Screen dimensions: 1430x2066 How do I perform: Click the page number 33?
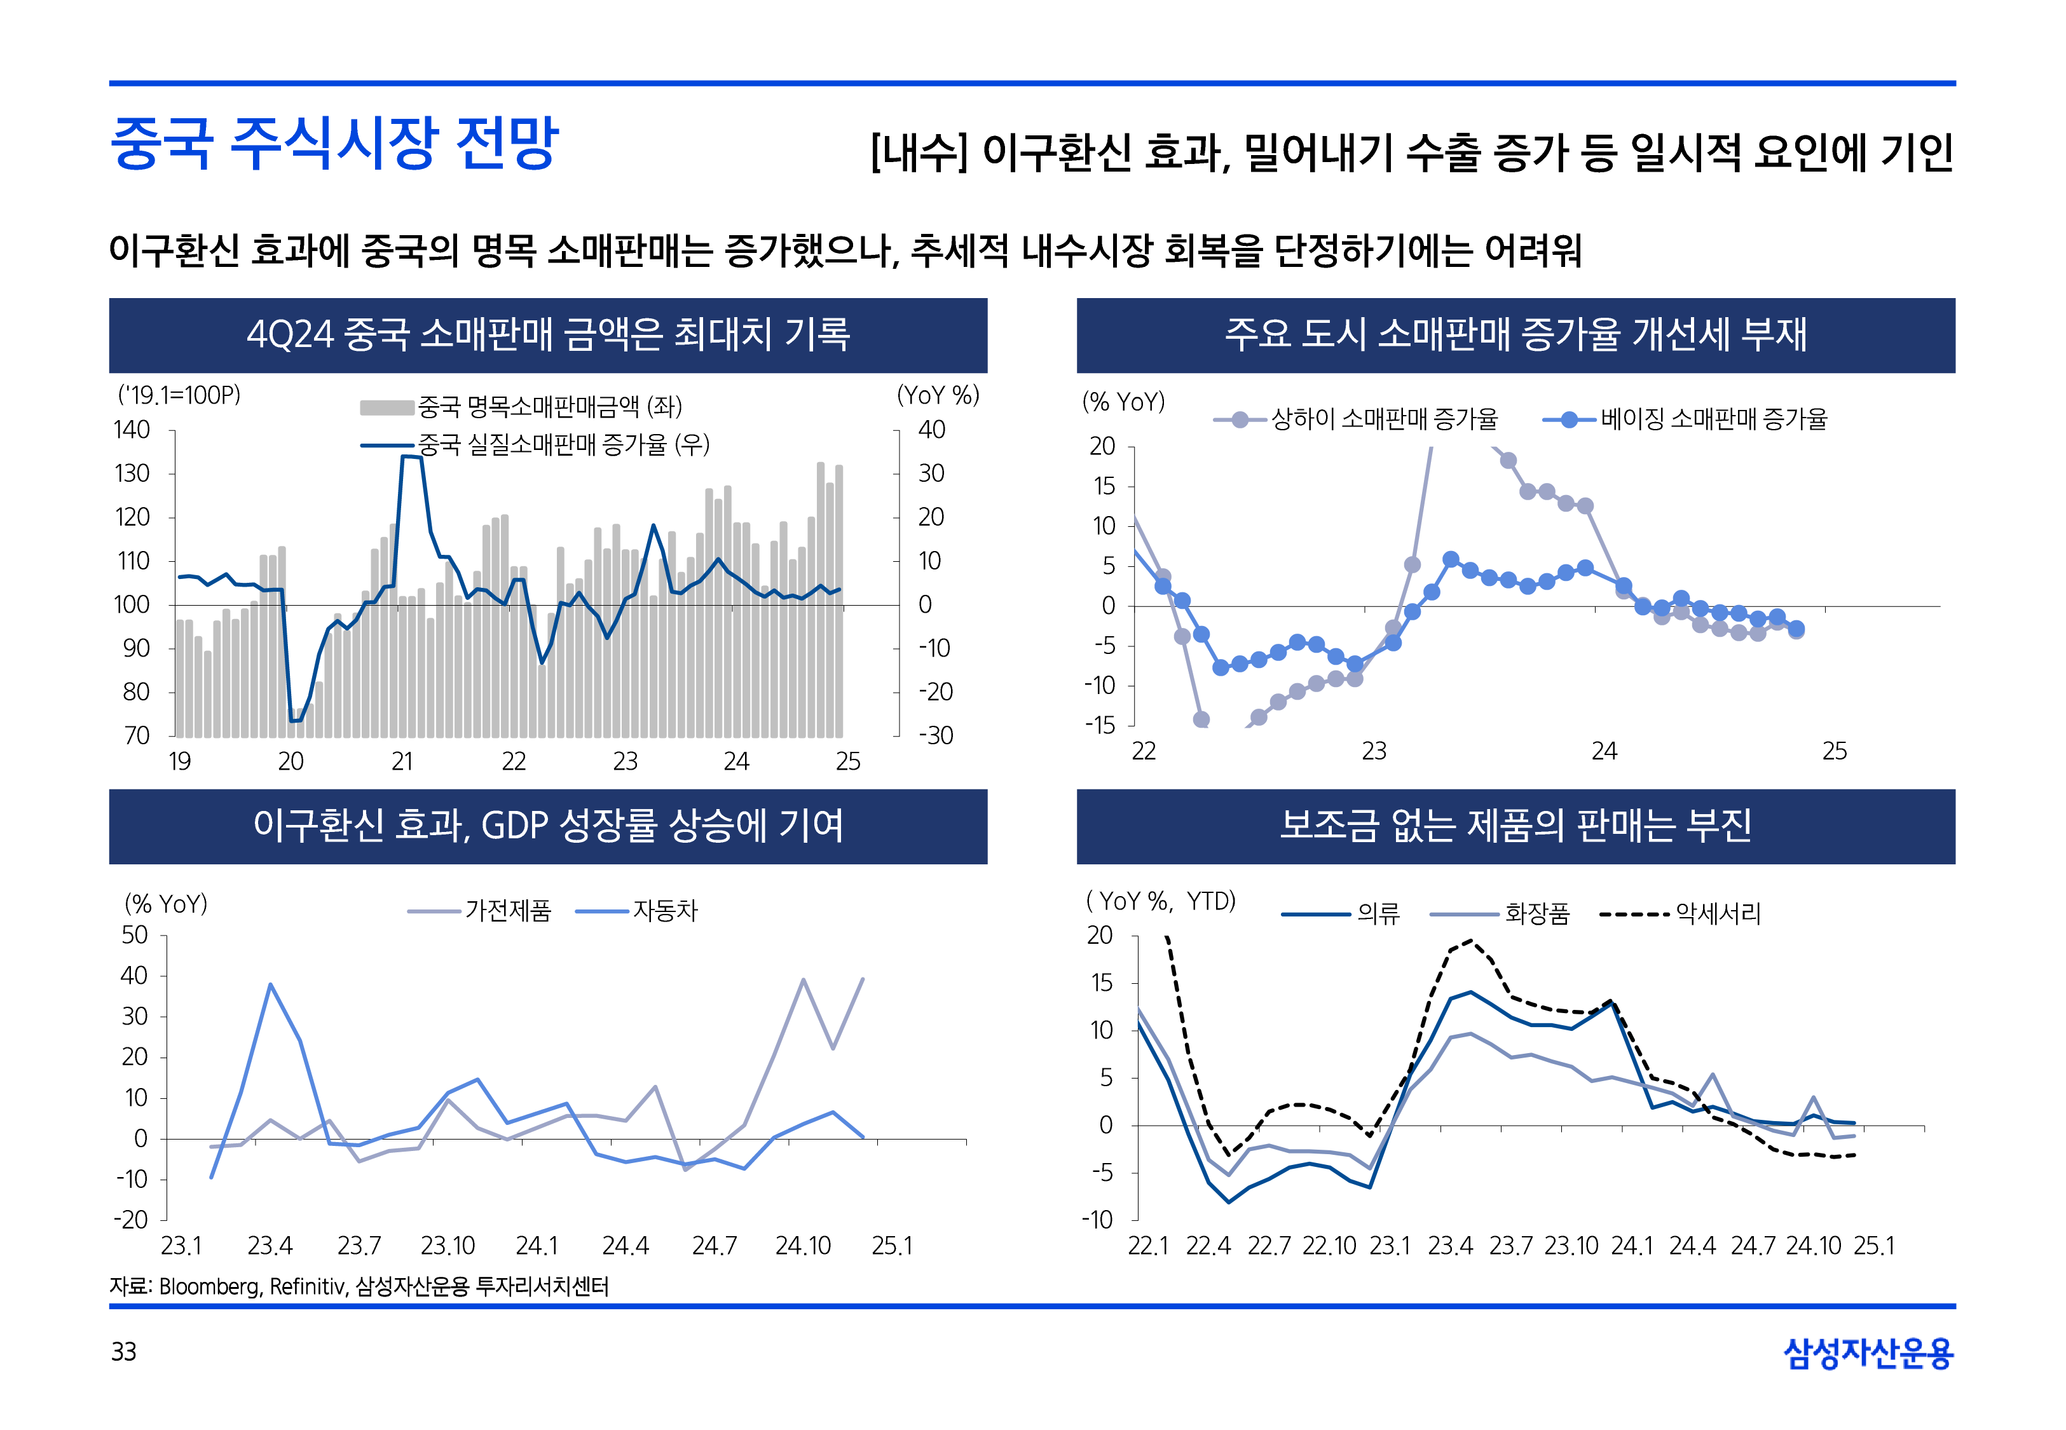pos(123,1351)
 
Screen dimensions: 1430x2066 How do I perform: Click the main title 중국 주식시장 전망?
pos(334,144)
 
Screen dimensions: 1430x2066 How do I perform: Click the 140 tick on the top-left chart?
pos(132,430)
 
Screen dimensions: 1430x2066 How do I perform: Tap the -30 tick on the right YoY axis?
pos(935,735)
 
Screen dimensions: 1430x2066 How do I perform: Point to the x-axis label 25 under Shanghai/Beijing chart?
pos(1834,751)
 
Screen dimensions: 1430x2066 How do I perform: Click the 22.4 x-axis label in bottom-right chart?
pos(1208,1246)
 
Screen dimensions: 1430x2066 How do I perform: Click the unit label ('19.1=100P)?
pos(179,395)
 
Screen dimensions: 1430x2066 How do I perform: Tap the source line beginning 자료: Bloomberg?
pos(359,1286)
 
